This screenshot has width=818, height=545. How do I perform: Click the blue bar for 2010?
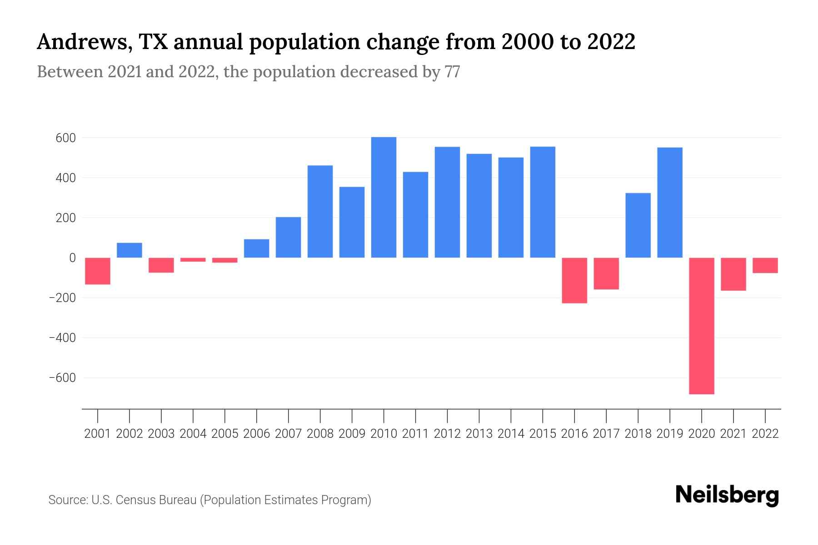[x=384, y=198]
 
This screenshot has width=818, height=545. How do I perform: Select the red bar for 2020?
[x=702, y=326]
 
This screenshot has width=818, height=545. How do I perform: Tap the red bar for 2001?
[x=98, y=271]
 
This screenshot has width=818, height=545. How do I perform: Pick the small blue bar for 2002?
[x=130, y=250]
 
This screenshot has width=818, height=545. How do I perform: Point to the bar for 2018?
[x=638, y=225]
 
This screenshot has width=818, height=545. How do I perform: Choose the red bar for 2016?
[x=574, y=280]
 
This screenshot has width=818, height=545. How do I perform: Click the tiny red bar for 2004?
[x=193, y=260]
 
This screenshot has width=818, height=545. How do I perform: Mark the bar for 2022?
[x=765, y=265]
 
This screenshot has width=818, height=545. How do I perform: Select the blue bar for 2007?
[x=289, y=238]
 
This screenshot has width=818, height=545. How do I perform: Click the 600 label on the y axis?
[x=65, y=138]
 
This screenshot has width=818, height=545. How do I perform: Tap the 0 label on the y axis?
[x=72, y=258]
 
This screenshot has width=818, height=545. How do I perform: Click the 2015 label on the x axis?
[x=543, y=434]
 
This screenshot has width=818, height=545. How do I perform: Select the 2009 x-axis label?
[x=352, y=434]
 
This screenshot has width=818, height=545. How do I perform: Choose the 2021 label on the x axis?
[x=733, y=434]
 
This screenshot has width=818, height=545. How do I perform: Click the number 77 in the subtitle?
[x=453, y=72]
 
